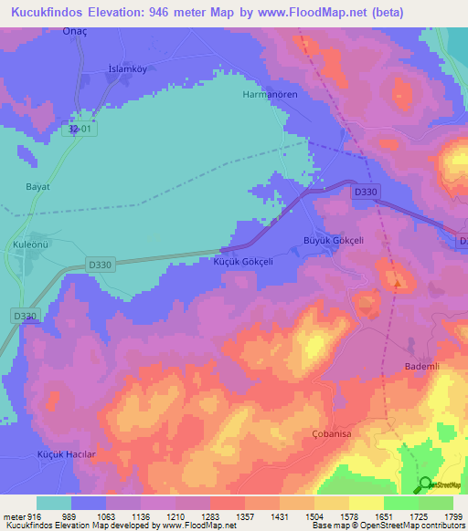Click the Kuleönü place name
[x=34, y=245]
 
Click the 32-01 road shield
[x=80, y=130]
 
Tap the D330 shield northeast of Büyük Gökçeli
[x=366, y=192]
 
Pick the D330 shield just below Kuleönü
[x=101, y=265]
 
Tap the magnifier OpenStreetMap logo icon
[x=425, y=484]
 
